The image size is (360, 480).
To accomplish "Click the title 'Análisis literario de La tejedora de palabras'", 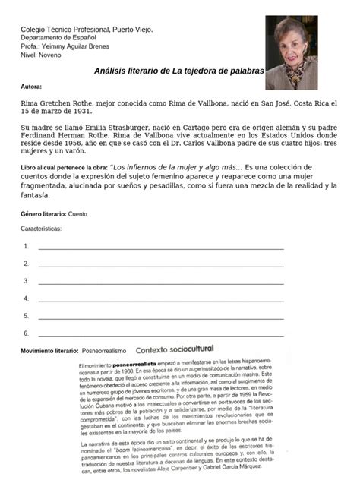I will tap(179, 71).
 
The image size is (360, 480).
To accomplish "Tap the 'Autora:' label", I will tap(32, 87).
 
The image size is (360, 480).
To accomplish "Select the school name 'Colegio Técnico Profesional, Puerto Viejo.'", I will tap(87, 30).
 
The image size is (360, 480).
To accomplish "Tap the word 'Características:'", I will tap(41, 228).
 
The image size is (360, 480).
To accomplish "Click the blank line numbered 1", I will tap(161, 248).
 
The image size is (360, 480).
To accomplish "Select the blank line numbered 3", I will tap(161, 283).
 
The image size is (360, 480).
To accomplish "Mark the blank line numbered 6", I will tap(161, 334).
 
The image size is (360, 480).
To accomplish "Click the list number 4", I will tap(26, 298).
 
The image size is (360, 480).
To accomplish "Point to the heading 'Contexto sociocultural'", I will tap(174, 349).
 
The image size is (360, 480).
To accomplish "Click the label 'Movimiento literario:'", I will tap(49, 351).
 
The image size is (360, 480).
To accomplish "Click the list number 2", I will tap(26, 264).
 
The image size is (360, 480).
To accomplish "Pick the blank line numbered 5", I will tap(161, 317).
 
